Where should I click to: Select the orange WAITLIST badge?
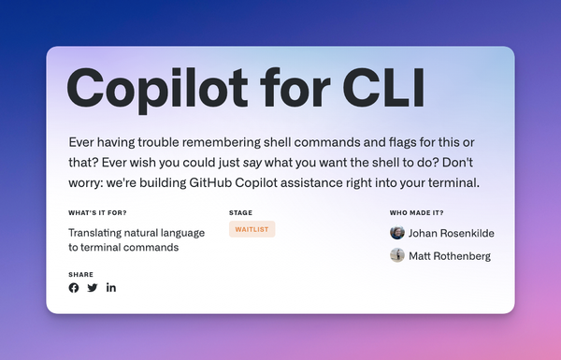point(252,229)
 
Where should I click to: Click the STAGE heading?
point(240,212)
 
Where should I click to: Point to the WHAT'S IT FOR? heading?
point(98,212)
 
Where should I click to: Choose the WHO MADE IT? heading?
point(420,212)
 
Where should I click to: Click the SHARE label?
point(80,274)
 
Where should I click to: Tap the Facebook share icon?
point(74,287)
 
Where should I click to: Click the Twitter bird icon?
point(93,287)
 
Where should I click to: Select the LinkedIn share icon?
point(111,287)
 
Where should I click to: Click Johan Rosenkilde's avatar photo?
point(397,232)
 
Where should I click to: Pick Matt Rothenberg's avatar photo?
point(397,255)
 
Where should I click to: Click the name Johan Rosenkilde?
point(452,233)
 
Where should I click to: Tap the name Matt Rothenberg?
point(450,255)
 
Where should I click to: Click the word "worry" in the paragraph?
point(87,182)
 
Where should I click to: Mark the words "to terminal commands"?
point(123,248)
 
